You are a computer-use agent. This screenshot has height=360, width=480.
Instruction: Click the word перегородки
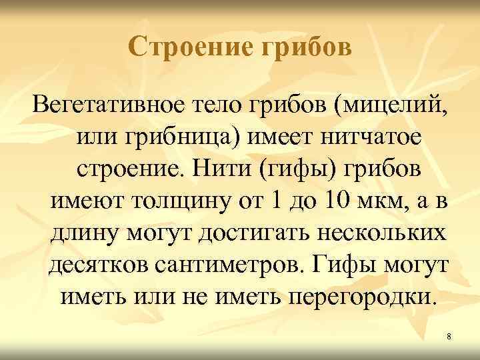click(363, 297)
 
